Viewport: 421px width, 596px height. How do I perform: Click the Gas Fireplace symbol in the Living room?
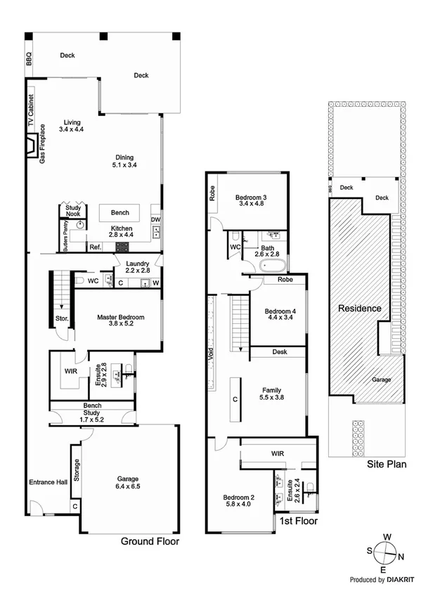pyautogui.click(x=32, y=147)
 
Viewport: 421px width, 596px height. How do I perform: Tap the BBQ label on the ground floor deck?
pyautogui.click(x=29, y=60)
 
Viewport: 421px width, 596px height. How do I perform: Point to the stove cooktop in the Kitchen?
pyautogui.click(x=123, y=247)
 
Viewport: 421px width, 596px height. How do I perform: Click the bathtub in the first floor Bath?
pyautogui.click(x=271, y=267)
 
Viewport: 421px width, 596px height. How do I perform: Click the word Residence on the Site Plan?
pyautogui.click(x=359, y=308)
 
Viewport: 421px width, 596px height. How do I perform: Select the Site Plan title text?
pyautogui.click(x=387, y=466)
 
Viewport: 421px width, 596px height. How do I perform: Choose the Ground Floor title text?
pyautogui.click(x=150, y=542)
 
